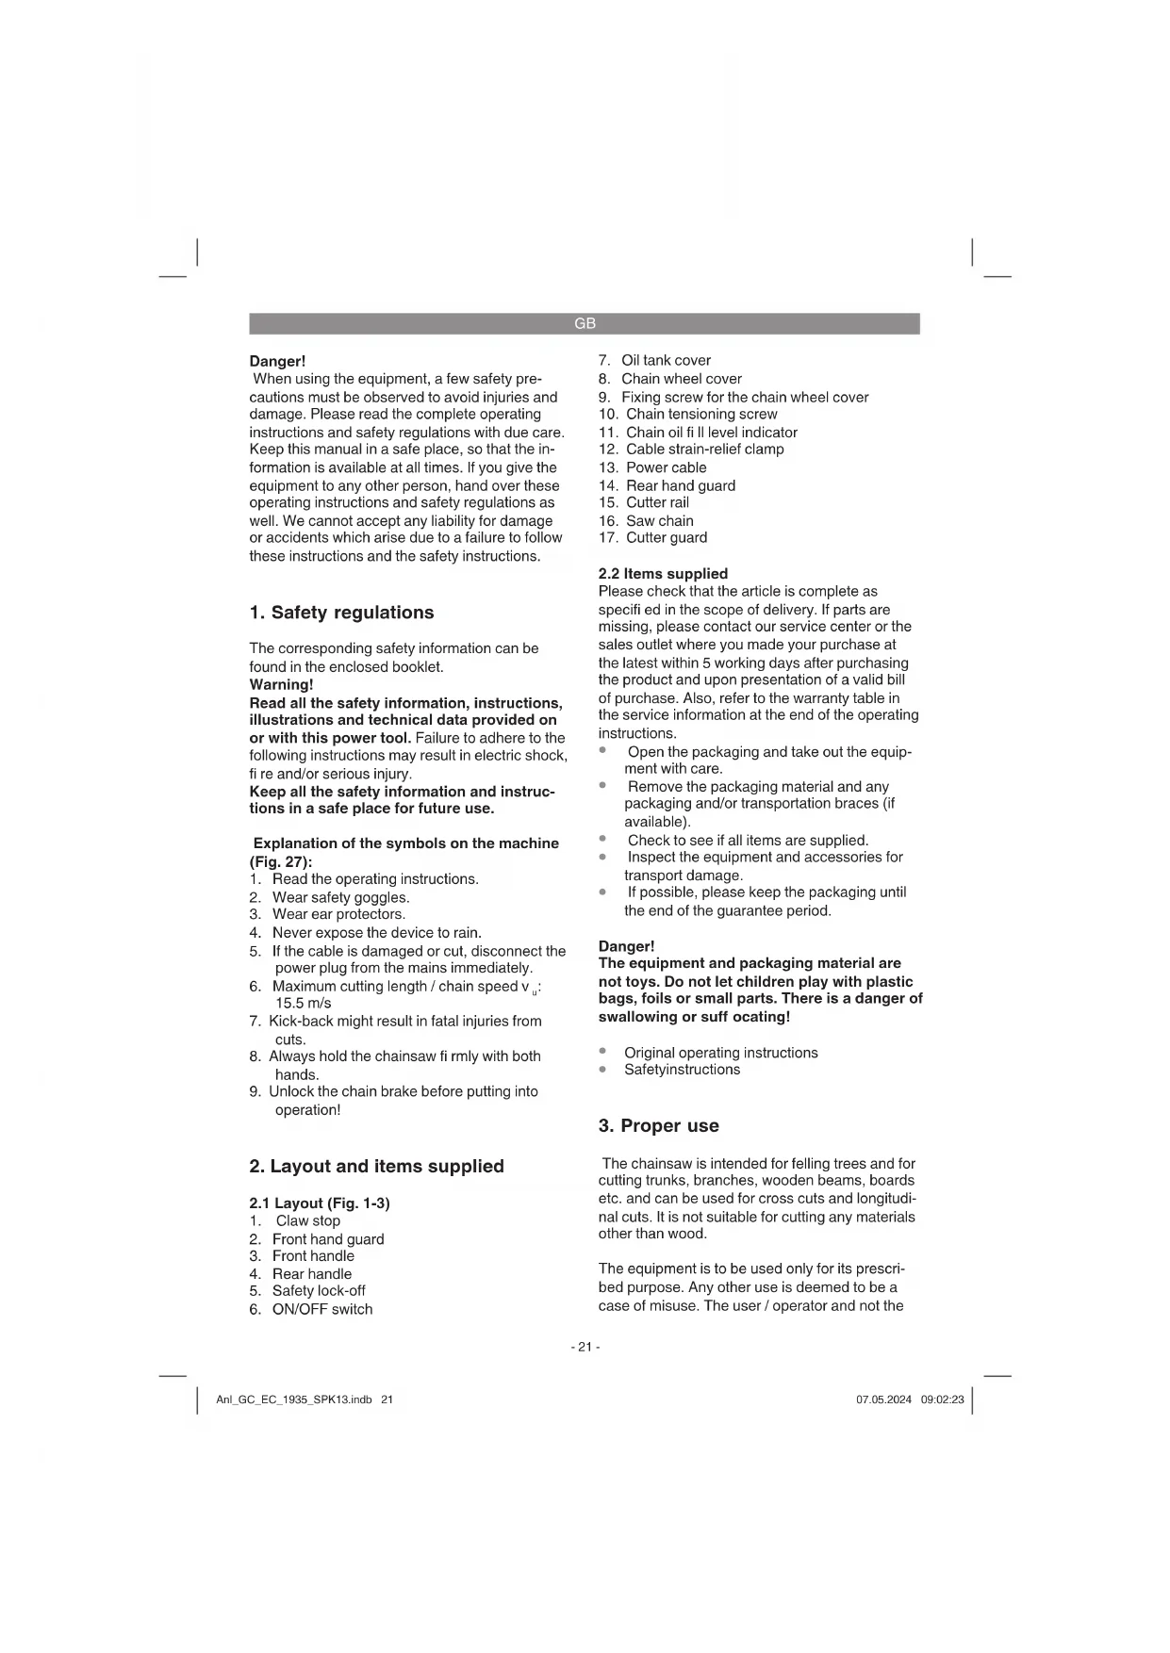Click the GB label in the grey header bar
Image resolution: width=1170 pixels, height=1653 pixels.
585,324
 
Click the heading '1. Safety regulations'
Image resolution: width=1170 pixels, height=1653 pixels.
341,613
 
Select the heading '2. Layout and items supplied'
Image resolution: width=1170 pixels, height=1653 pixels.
376,1167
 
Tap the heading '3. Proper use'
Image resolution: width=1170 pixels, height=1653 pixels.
658,1126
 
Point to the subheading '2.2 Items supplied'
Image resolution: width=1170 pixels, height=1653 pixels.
663,574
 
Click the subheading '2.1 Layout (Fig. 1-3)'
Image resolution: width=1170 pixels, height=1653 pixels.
319,1203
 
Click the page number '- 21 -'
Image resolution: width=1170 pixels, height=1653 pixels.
585,1347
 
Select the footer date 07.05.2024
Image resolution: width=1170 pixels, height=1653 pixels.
883,1399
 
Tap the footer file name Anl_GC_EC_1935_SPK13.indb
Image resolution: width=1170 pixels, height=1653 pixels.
294,1399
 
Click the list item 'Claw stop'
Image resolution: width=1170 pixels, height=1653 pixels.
307,1221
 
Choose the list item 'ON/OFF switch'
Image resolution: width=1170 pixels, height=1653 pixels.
321,1310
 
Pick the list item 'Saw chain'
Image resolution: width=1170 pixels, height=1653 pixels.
659,521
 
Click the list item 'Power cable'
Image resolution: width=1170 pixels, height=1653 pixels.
666,468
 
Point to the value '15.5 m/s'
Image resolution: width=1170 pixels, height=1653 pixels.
303,1004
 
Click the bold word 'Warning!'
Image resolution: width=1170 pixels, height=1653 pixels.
281,685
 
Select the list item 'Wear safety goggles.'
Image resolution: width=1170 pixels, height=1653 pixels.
340,898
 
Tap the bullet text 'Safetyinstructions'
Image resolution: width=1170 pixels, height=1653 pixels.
682,1070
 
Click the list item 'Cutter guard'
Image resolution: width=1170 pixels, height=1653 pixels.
666,538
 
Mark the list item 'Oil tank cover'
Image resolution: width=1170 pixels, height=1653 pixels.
666,361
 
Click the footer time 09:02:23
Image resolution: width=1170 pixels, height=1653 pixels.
942,1399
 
